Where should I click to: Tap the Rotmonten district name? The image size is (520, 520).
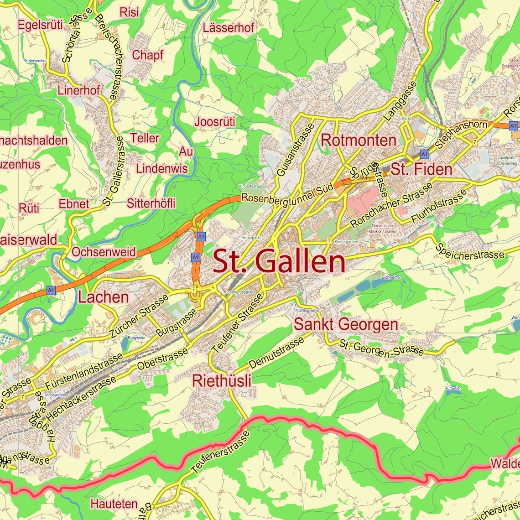pos(359,140)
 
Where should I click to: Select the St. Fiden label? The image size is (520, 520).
pos(421,169)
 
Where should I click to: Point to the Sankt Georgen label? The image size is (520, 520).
pos(346,324)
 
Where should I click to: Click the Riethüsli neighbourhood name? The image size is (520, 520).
pos(222,380)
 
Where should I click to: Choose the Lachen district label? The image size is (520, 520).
pos(103,297)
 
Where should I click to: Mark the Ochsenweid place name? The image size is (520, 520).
pos(104,252)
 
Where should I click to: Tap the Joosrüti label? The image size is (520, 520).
pos(215,122)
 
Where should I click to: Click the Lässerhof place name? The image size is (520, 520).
pos(229,27)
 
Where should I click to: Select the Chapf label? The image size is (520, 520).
pos(147,55)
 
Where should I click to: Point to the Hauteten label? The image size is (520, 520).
pos(114,504)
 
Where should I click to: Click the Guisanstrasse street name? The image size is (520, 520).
pos(296,150)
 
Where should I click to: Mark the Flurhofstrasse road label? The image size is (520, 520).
pos(439,207)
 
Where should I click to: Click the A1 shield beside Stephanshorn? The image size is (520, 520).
pos(513,125)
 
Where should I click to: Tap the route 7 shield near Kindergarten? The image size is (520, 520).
pos(328,240)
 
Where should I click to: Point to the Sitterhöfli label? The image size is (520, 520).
pos(151,203)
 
